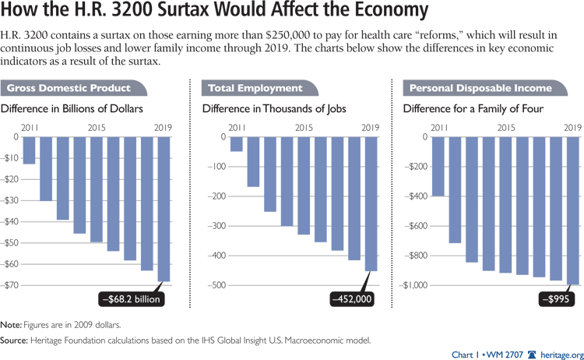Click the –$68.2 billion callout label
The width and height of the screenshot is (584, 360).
130,297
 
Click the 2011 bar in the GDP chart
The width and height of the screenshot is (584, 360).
30,150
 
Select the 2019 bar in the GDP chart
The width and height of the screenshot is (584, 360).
165,209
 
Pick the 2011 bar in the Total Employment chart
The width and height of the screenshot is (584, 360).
236,144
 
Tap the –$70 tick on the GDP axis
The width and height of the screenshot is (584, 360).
11,285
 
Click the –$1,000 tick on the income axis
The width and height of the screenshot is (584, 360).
413,285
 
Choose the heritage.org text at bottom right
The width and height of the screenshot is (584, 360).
561,352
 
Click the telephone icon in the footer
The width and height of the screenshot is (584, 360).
532,352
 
